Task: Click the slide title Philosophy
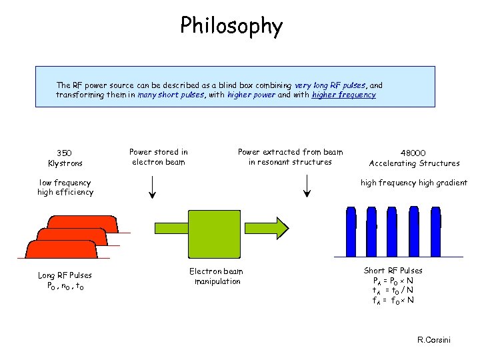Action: pyautogui.click(x=231, y=26)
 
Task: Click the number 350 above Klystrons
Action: pyautogui.click(x=65, y=153)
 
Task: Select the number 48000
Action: pyautogui.click(x=413, y=153)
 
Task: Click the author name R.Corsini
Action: pyautogui.click(x=433, y=340)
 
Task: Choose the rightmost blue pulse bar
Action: pyautogui.click(x=453, y=231)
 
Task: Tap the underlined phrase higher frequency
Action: pyautogui.click(x=343, y=95)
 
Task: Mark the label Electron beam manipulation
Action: pyautogui.click(x=217, y=276)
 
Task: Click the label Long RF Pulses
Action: pyautogui.click(x=65, y=275)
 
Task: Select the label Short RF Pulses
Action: pyautogui.click(x=393, y=270)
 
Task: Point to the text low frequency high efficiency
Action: pyautogui.click(x=65, y=187)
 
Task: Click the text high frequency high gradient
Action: pyautogui.click(x=413, y=183)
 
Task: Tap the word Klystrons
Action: pyautogui.click(x=65, y=163)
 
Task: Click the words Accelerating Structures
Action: pyautogui.click(x=413, y=163)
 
